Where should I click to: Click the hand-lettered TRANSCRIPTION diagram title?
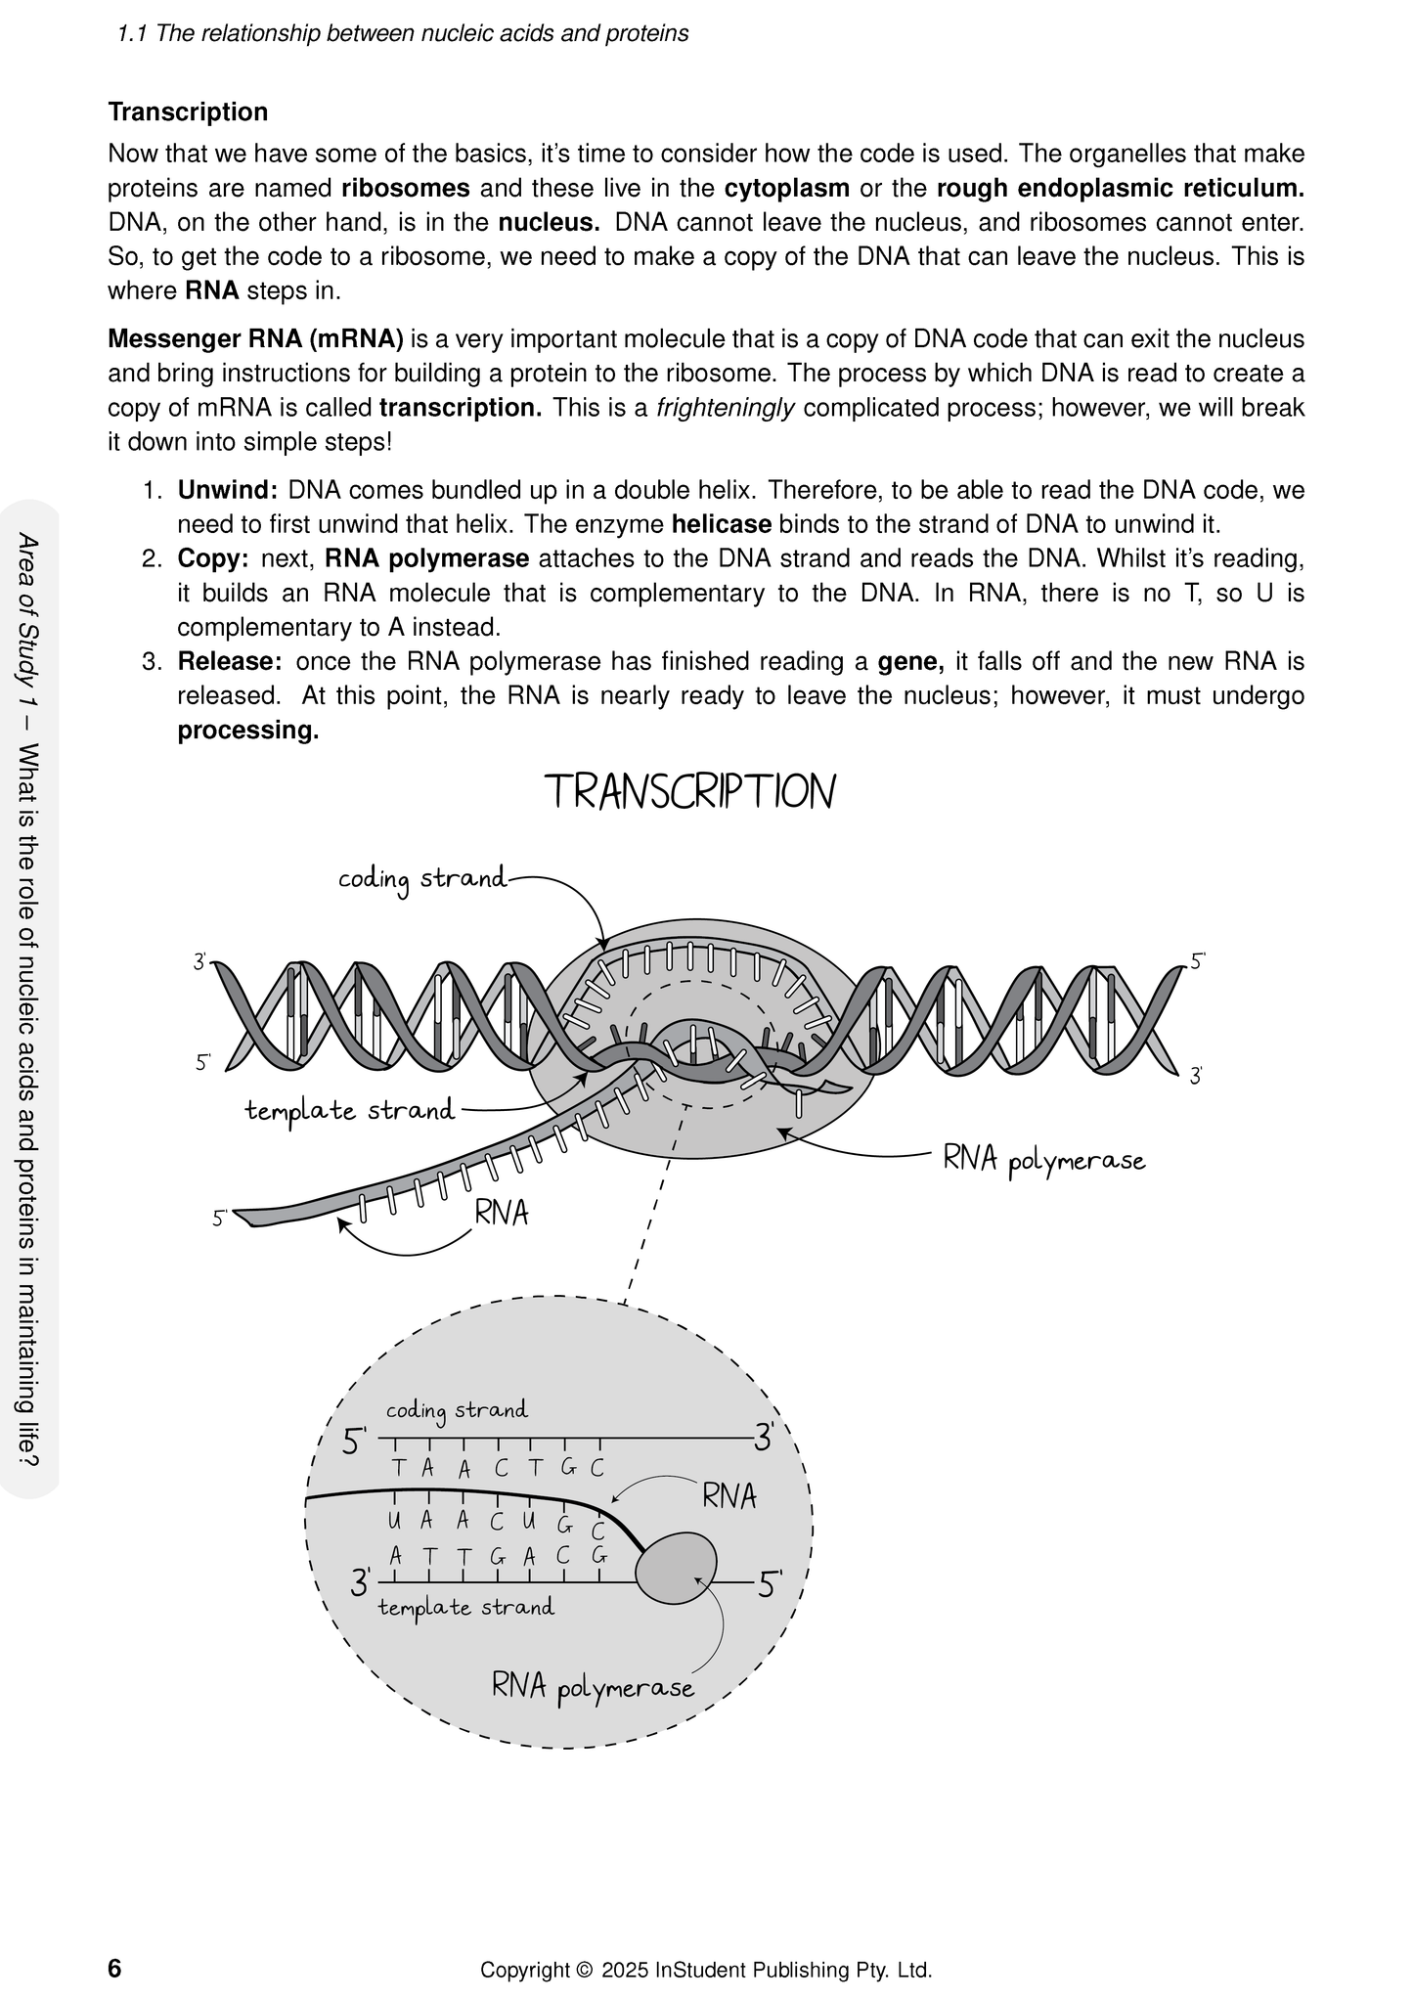coord(690,791)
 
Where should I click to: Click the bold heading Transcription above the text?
coord(188,111)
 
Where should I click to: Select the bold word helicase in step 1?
coord(721,524)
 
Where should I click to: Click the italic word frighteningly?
coord(726,408)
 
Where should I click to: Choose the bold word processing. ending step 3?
coord(247,731)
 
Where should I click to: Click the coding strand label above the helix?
coord(422,879)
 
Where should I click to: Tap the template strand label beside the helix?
coord(349,1110)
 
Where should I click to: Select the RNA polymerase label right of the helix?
coord(1043,1161)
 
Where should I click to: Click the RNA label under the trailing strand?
coord(502,1213)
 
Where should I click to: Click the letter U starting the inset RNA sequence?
coord(395,1521)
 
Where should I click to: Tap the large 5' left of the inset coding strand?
coord(353,1443)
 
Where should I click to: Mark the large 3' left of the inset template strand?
coord(361,1582)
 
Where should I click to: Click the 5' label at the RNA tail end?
coord(220,1219)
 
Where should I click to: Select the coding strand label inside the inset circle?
coord(456,1410)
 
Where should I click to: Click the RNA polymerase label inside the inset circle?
coord(593,1687)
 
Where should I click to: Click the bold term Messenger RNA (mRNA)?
coord(255,339)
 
